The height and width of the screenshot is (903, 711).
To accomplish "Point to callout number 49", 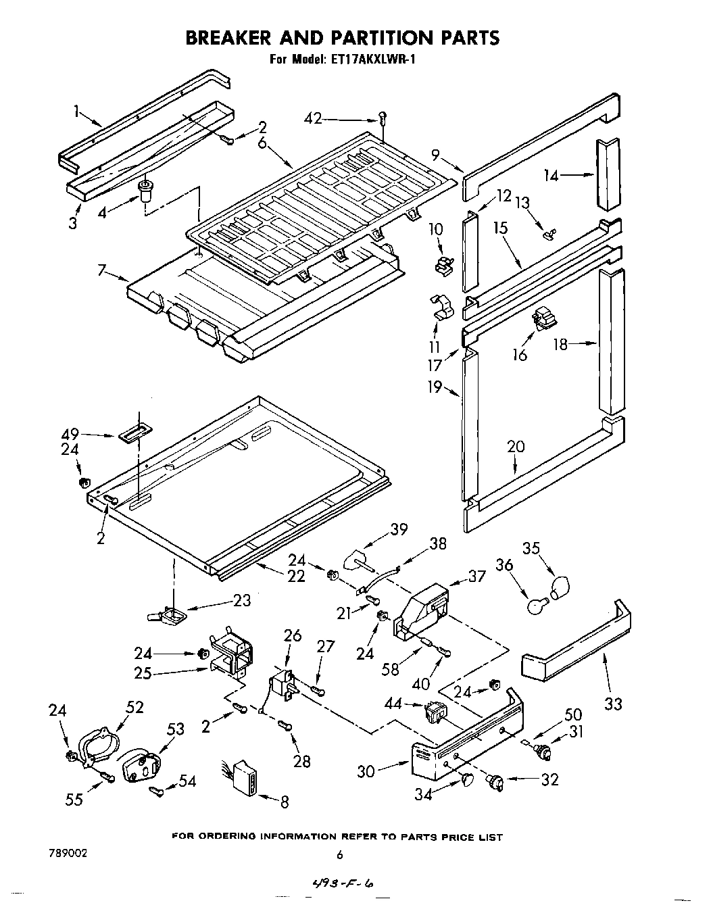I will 70,433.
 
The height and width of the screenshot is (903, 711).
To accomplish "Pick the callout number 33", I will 612,704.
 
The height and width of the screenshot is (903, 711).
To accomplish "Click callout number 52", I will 134,707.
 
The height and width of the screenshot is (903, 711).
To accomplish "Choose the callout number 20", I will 516,447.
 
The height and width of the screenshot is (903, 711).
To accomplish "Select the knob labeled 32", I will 497,782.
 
